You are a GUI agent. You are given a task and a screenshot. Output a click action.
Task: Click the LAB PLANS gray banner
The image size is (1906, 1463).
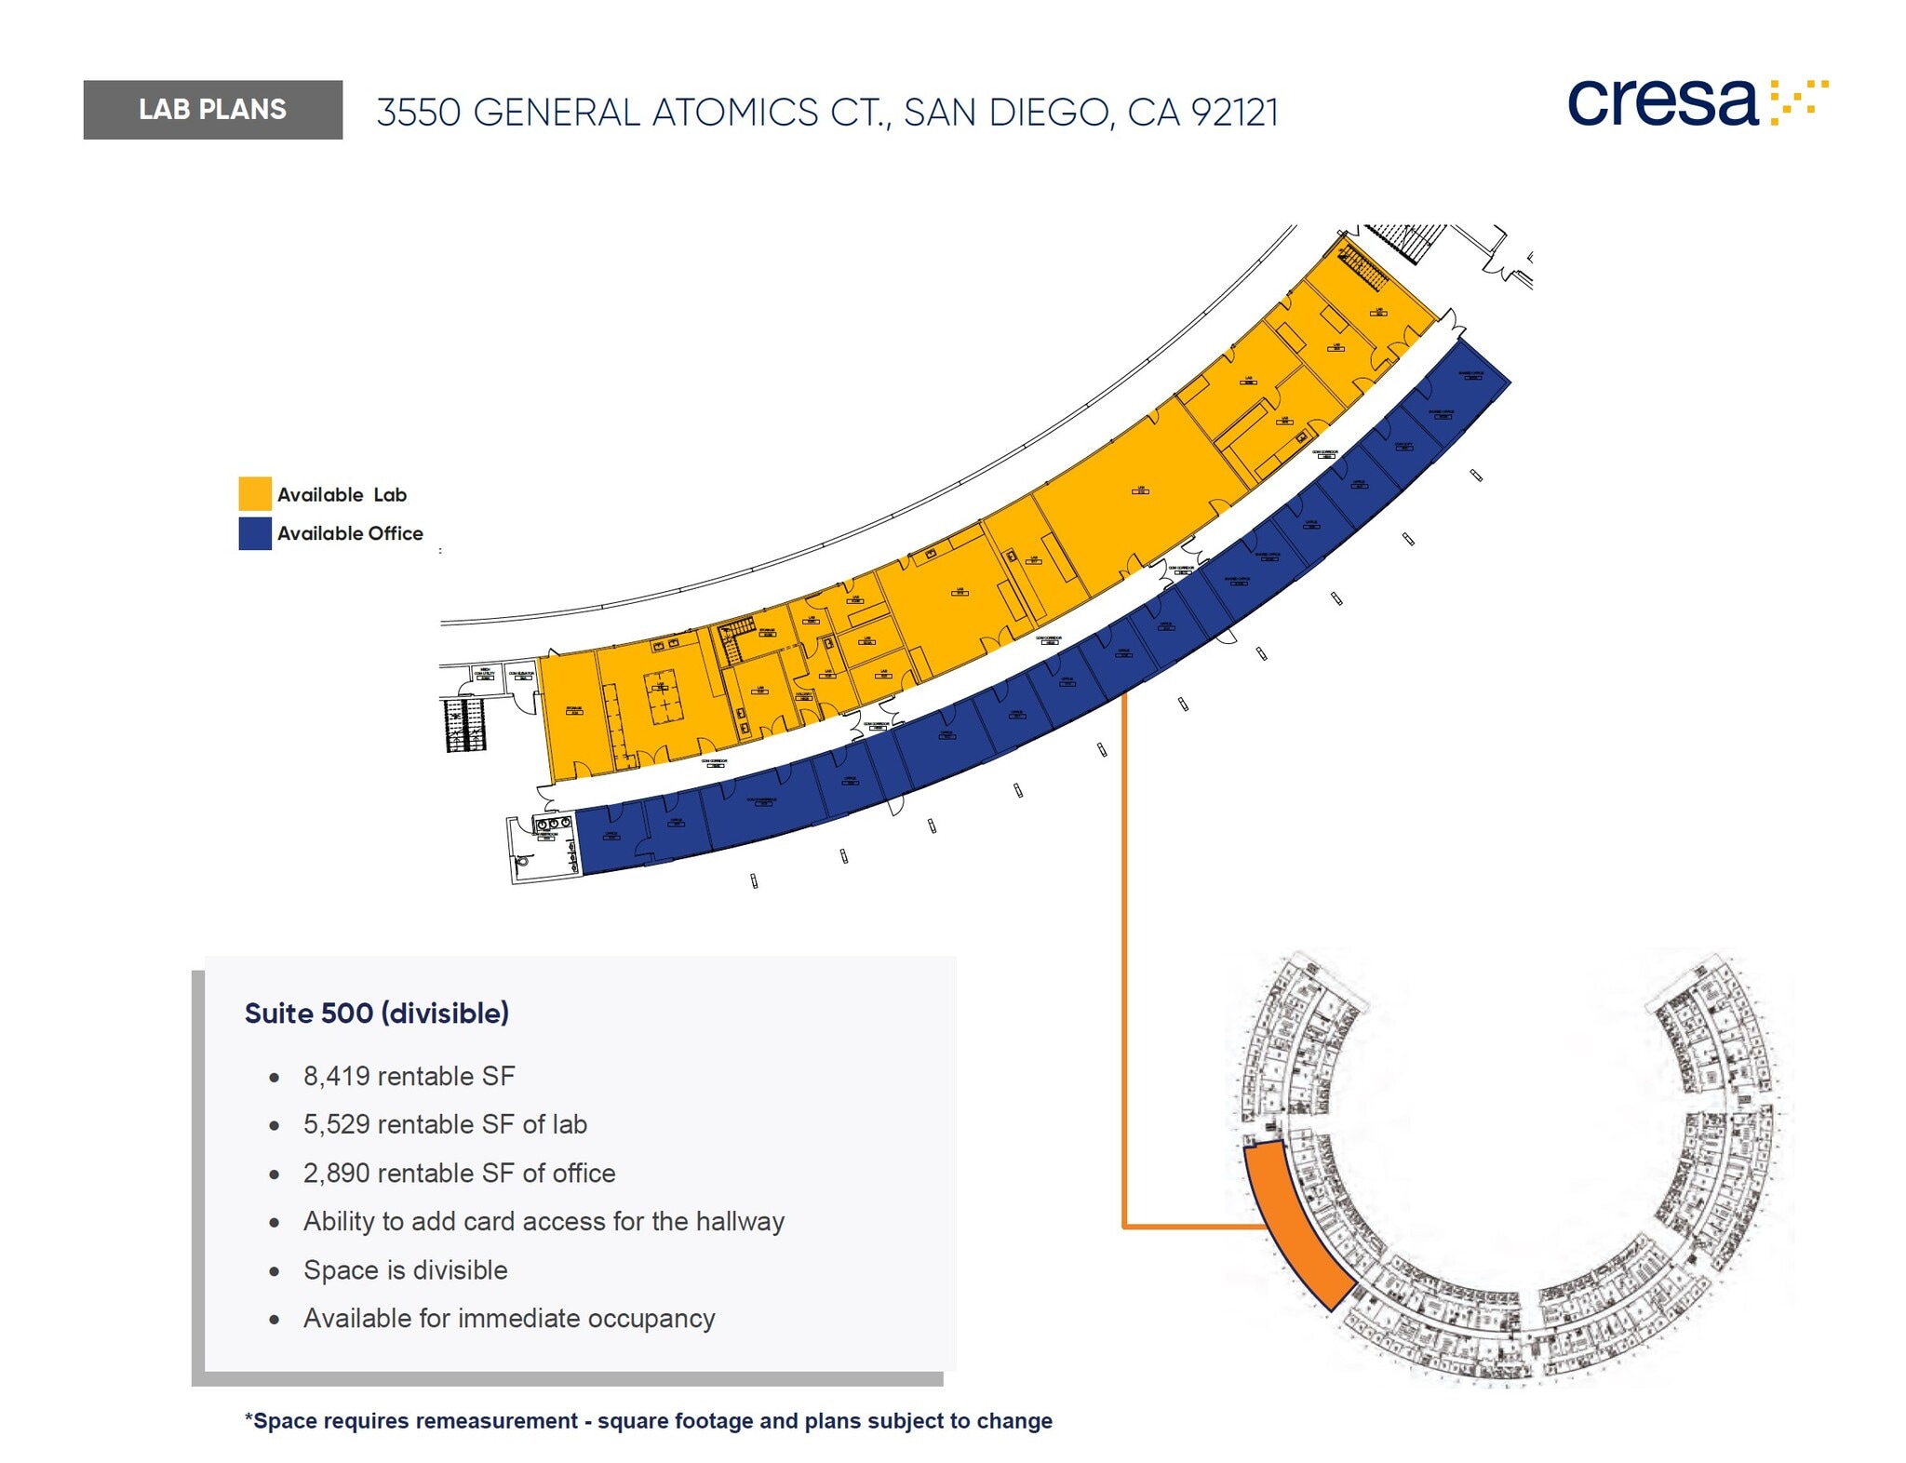tap(212, 110)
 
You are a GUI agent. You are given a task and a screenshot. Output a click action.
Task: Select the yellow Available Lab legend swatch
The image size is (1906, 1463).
tap(255, 493)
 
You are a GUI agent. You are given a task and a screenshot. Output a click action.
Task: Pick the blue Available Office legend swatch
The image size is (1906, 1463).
tap(255, 533)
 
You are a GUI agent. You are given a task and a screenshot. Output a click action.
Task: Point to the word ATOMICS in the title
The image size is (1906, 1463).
tap(734, 113)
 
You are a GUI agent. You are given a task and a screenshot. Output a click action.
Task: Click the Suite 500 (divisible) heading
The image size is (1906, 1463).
tap(376, 1013)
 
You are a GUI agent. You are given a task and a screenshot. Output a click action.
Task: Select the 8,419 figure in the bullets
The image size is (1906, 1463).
tap(336, 1076)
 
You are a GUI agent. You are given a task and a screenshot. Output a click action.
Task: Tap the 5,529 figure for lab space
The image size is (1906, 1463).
tap(336, 1124)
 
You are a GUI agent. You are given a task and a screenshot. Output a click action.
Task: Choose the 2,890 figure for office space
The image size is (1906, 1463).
tap(336, 1173)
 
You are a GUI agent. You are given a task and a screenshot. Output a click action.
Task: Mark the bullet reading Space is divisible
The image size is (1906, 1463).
tap(405, 1269)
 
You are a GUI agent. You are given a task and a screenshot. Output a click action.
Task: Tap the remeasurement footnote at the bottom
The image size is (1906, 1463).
tap(648, 1421)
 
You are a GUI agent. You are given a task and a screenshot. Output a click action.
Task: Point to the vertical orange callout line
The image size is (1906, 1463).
tap(1124, 959)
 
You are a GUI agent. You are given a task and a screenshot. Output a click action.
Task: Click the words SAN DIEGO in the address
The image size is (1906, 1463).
tap(1006, 113)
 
